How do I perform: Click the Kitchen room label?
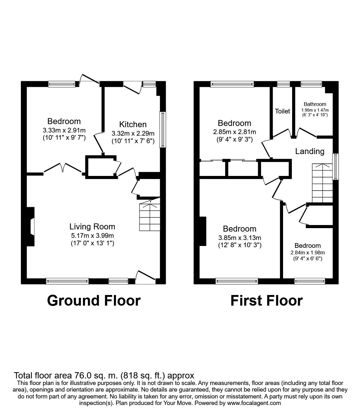[133, 124]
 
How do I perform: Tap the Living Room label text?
[92, 227]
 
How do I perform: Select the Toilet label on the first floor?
[282, 111]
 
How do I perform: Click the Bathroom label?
[315, 104]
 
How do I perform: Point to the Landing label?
[310, 152]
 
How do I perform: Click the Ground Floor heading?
[94, 300]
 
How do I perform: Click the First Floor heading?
[266, 300]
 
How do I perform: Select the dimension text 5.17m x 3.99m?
[92, 236]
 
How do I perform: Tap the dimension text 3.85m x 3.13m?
[240, 238]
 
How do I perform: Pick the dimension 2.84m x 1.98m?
[307, 252]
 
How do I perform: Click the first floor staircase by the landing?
[322, 183]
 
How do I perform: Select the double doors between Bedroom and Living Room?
[63, 168]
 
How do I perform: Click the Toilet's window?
[283, 83]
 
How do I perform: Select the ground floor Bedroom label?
[64, 121]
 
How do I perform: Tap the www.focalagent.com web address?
[254, 403]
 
